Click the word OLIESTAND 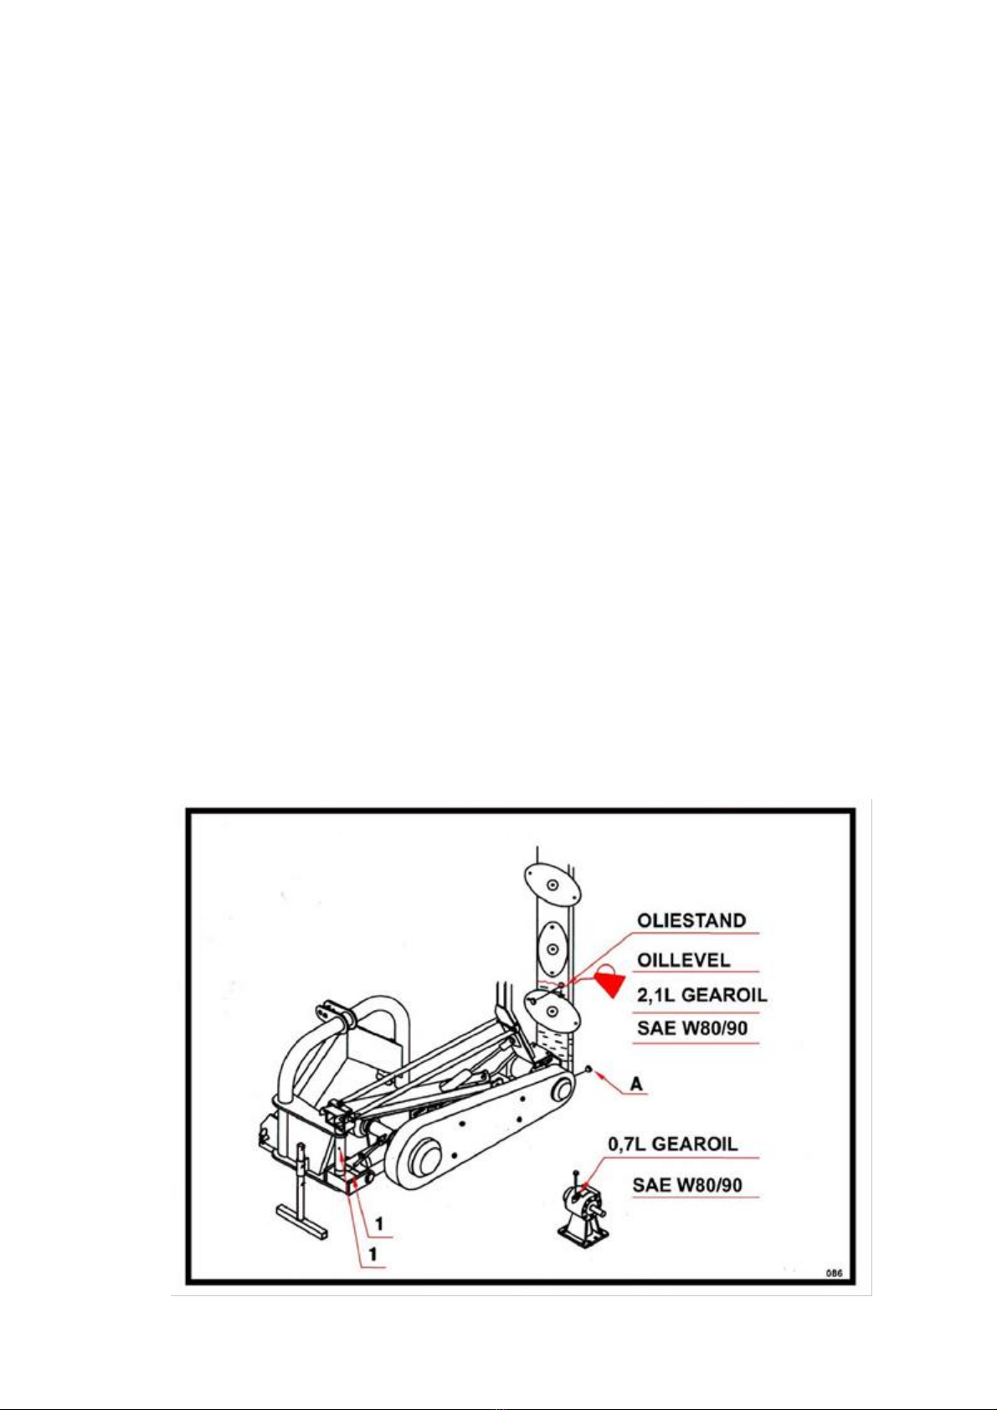coord(691,920)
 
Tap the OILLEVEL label coord(684,960)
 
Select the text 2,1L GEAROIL coord(701,995)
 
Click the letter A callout coord(637,1085)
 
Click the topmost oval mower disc coord(551,884)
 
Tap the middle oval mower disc coord(552,948)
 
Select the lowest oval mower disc coord(552,1010)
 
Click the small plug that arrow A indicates coord(587,1068)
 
